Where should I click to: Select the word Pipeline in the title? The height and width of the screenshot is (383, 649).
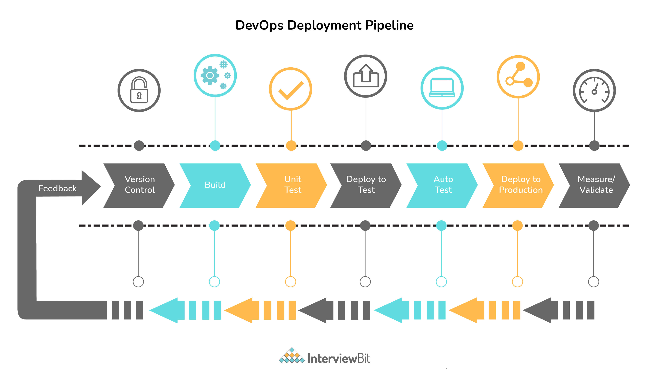pyautogui.click(x=389, y=25)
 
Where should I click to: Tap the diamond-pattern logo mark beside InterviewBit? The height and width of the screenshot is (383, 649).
pyautogui.click(x=292, y=356)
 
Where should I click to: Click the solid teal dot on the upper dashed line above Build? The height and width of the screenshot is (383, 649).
pyautogui.click(x=215, y=146)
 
